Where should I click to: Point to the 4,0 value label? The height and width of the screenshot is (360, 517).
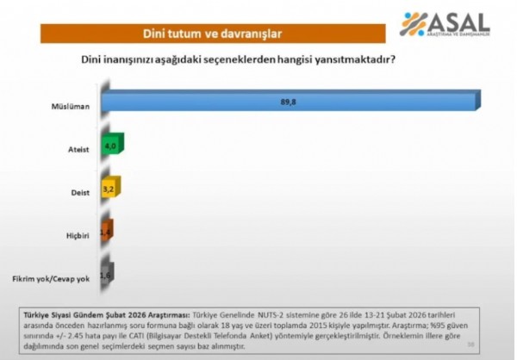(x=109, y=146)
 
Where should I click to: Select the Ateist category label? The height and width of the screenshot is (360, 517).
(x=79, y=150)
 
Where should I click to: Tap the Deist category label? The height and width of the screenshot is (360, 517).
(x=80, y=192)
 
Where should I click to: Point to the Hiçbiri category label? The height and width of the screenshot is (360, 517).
(x=78, y=235)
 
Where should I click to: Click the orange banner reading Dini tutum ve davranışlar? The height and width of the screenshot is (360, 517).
(x=210, y=34)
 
